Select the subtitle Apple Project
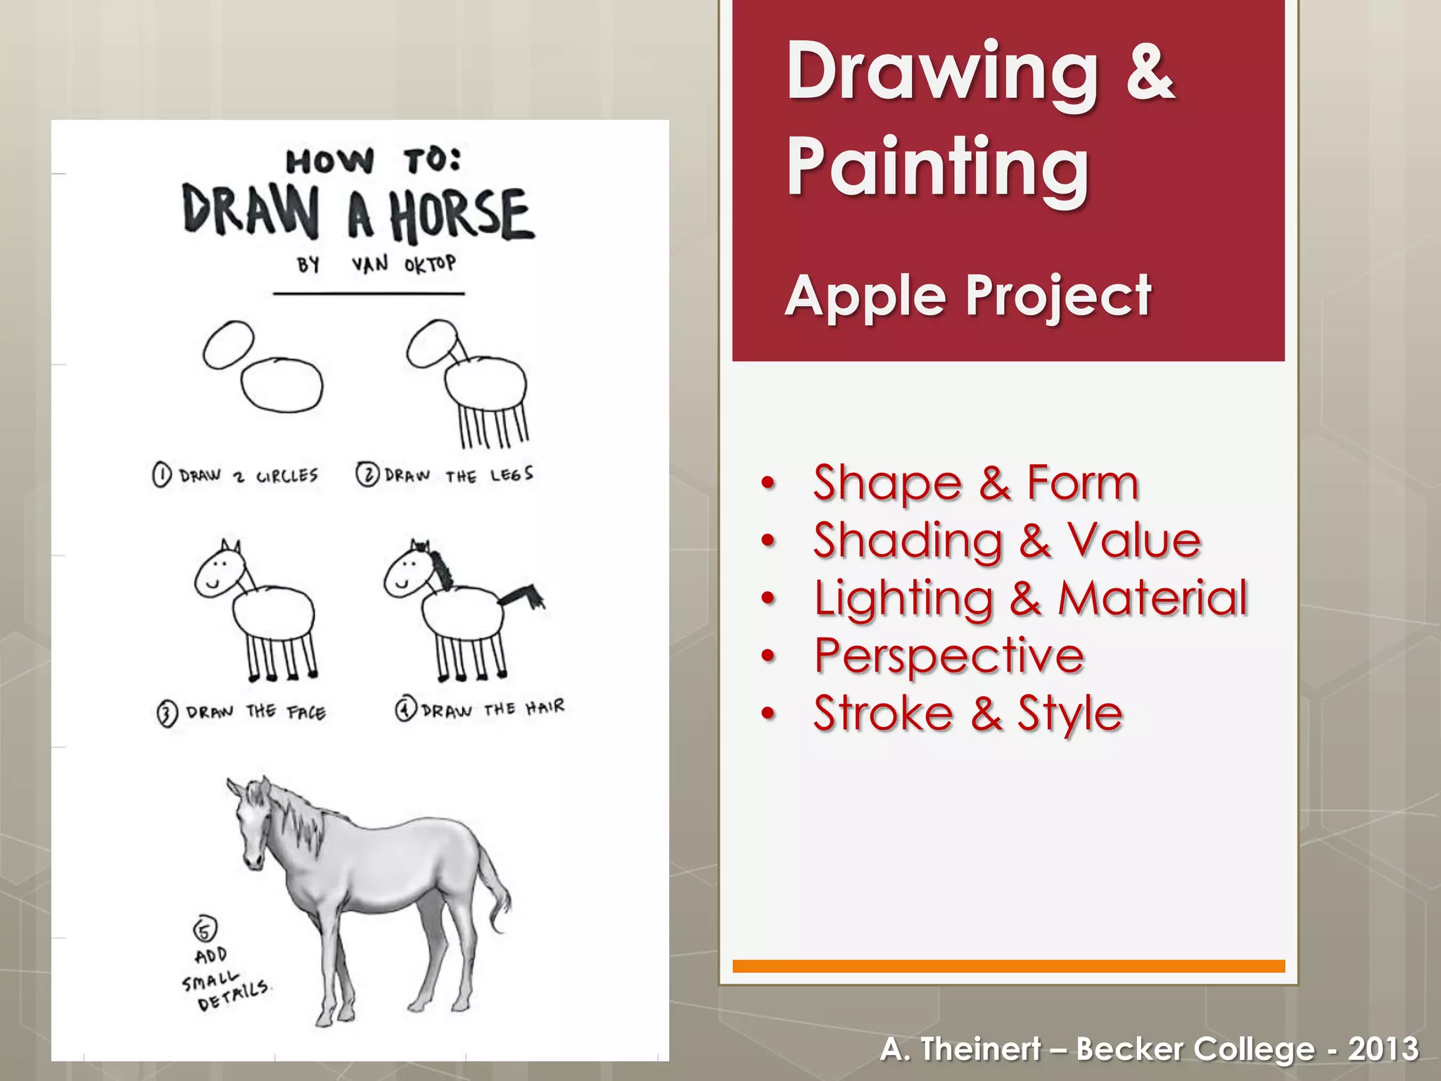[x=968, y=296]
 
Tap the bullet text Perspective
[x=948, y=656]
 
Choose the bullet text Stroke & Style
[x=967, y=714]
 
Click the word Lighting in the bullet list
[x=903, y=599]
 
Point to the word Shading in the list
[x=908, y=541]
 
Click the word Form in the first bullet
[x=1082, y=483]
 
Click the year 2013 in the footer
[x=1383, y=1049]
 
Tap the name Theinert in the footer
[x=980, y=1049]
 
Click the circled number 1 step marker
[x=161, y=475]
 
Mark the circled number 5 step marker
[x=205, y=929]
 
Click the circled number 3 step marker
[x=166, y=714]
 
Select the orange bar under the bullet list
[x=1008, y=966]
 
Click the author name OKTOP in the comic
[x=430, y=265]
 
